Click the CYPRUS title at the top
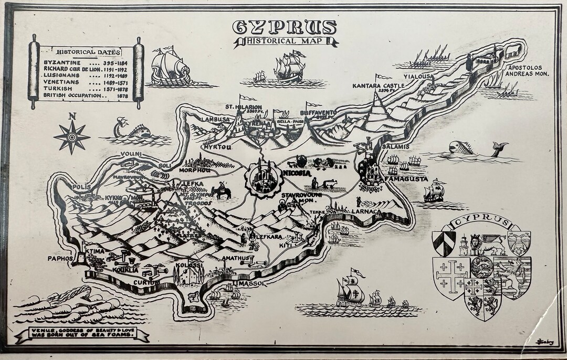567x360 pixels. pos(284,27)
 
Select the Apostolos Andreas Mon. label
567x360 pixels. pos(527,71)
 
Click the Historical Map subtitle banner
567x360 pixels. pos(285,43)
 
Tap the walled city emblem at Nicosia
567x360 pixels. pos(262,177)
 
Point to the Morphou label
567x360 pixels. pos(195,171)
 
